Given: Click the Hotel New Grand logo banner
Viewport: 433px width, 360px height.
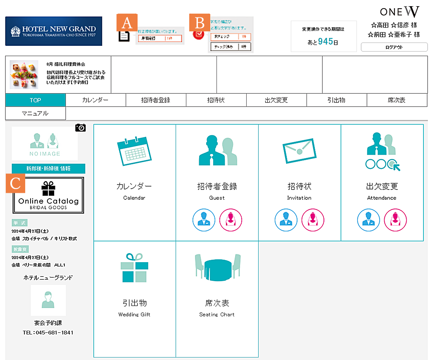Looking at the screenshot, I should (x=54, y=31).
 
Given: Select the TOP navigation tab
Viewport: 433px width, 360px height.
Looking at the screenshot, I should (x=36, y=100).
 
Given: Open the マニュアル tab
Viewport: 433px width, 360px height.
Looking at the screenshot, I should (x=36, y=113).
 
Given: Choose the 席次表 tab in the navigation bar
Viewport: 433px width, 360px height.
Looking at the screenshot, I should (x=397, y=100).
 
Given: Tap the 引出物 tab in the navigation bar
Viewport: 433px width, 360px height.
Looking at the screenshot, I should (x=336, y=100).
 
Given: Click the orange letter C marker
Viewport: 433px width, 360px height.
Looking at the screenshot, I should (x=15, y=183).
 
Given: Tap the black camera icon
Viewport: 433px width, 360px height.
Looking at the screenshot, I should (x=81, y=128).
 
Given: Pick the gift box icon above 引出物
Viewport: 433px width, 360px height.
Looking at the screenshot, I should (x=134, y=268).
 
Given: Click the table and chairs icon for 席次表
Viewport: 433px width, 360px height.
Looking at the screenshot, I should (x=217, y=269).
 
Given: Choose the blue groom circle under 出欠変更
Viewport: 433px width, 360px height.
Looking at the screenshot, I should (x=368, y=220).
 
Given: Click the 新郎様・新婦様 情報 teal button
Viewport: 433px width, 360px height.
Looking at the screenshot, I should (x=48, y=168).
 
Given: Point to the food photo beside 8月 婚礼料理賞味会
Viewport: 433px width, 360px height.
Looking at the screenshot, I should (x=24, y=75).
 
